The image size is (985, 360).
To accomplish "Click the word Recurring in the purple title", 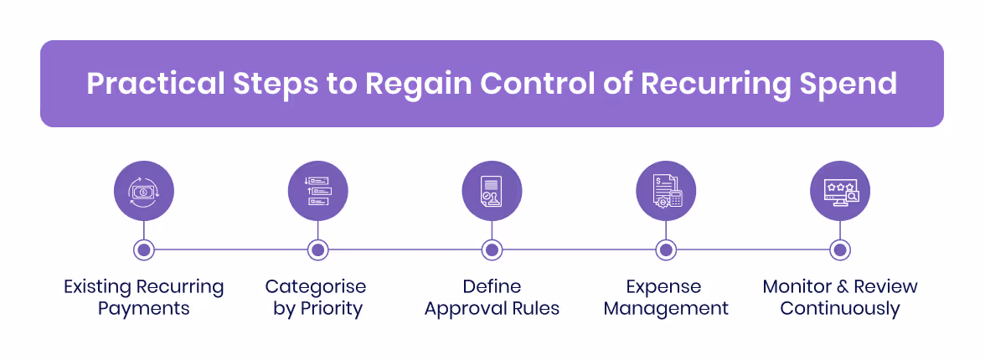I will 703,84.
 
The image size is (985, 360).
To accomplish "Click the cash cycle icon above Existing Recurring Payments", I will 144,191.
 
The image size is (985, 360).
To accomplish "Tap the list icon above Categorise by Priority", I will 317,191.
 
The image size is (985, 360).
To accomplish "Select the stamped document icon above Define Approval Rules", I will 492,191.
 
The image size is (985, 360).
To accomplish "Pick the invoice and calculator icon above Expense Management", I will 666,191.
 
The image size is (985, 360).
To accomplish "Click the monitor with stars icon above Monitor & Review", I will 840,191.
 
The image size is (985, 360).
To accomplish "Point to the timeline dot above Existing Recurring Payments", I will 144,249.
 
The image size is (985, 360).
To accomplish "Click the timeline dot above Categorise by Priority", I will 317,249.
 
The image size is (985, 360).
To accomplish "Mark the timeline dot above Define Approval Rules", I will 492,249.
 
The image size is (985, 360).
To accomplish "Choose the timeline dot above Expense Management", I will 666,249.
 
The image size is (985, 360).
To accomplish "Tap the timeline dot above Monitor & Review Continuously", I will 840,249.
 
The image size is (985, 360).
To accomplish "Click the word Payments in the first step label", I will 144,309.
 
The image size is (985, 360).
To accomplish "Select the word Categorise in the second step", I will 316,287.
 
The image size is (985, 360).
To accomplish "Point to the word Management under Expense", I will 666,309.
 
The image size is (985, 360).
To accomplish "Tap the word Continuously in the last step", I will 840,309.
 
